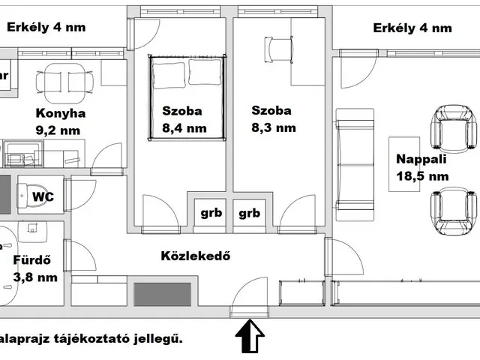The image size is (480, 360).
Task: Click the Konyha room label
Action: pyautogui.click(x=61, y=114)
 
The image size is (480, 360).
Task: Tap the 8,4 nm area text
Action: pyautogui.click(x=184, y=128)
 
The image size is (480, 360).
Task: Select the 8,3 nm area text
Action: pyautogui.click(x=274, y=128)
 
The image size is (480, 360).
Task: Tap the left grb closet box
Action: pyautogui.click(x=210, y=212)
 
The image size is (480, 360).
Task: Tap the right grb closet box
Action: pyautogui.click(x=249, y=212)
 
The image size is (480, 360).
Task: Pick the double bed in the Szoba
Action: pyautogui.click(x=188, y=94)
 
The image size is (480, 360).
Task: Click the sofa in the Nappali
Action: pyautogui.click(x=355, y=158)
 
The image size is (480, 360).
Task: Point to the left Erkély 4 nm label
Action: pyautogui.click(x=46, y=28)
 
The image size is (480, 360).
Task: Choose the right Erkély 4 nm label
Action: pyautogui.click(x=412, y=28)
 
